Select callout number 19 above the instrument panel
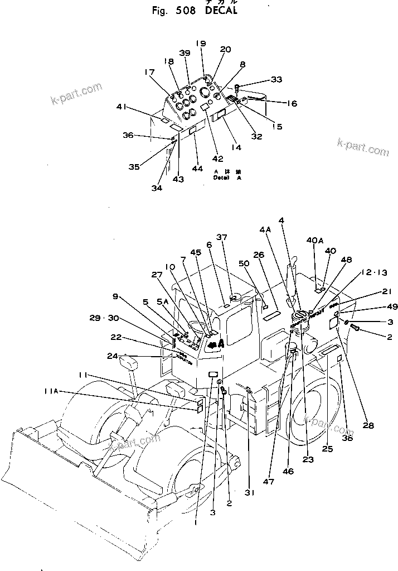201,43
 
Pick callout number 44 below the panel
198,167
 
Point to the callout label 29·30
103,318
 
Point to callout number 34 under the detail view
157,188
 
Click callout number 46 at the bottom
288,471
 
